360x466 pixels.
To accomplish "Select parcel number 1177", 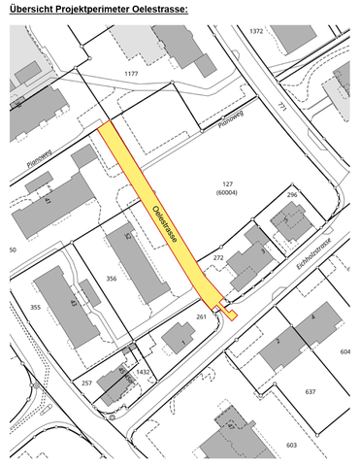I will [x=132, y=74].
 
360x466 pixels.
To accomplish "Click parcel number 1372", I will [x=256, y=31].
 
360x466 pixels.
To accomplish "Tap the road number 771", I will [x=281, y=105].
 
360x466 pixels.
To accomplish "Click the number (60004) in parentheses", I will [x=228, y=192].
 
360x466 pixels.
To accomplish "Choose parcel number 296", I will [x=290, y=195].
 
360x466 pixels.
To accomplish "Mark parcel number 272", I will [x=218, y=258].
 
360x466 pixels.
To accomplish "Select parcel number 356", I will [x=112, y=279].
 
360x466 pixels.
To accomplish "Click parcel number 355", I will [x=36, y=308].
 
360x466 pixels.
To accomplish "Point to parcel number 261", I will [x=202, y=316].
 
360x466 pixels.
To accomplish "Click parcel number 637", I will [x=310, y=391].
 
